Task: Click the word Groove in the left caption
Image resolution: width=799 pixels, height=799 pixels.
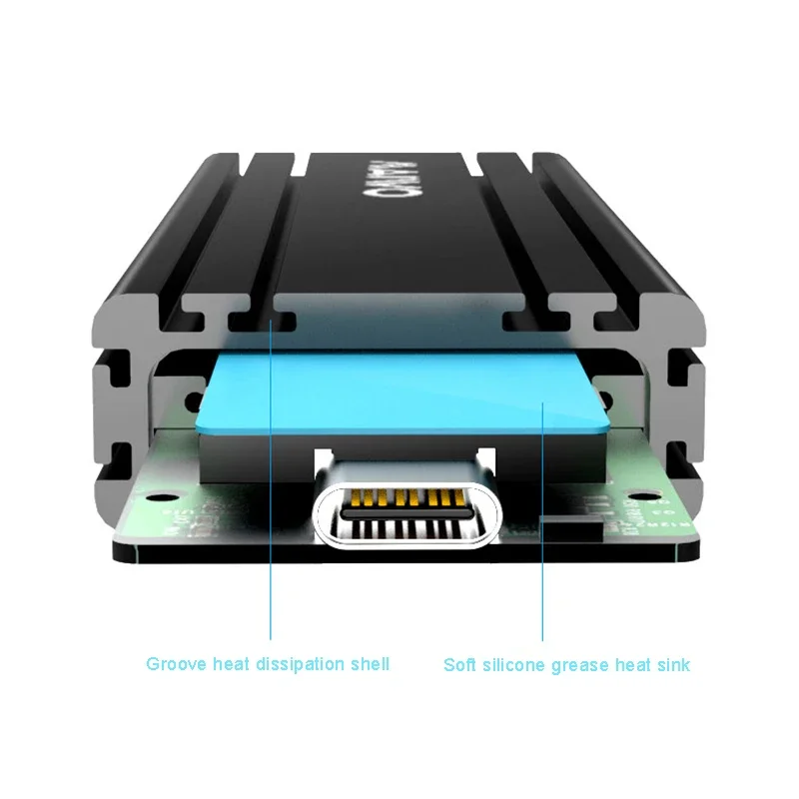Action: (173, 663)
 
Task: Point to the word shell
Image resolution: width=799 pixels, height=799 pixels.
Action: (369, 663)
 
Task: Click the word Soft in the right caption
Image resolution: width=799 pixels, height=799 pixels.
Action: (460, 663)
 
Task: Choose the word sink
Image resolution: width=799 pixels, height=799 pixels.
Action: (671, 663)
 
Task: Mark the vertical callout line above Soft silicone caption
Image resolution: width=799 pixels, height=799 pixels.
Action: (542, 519)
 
